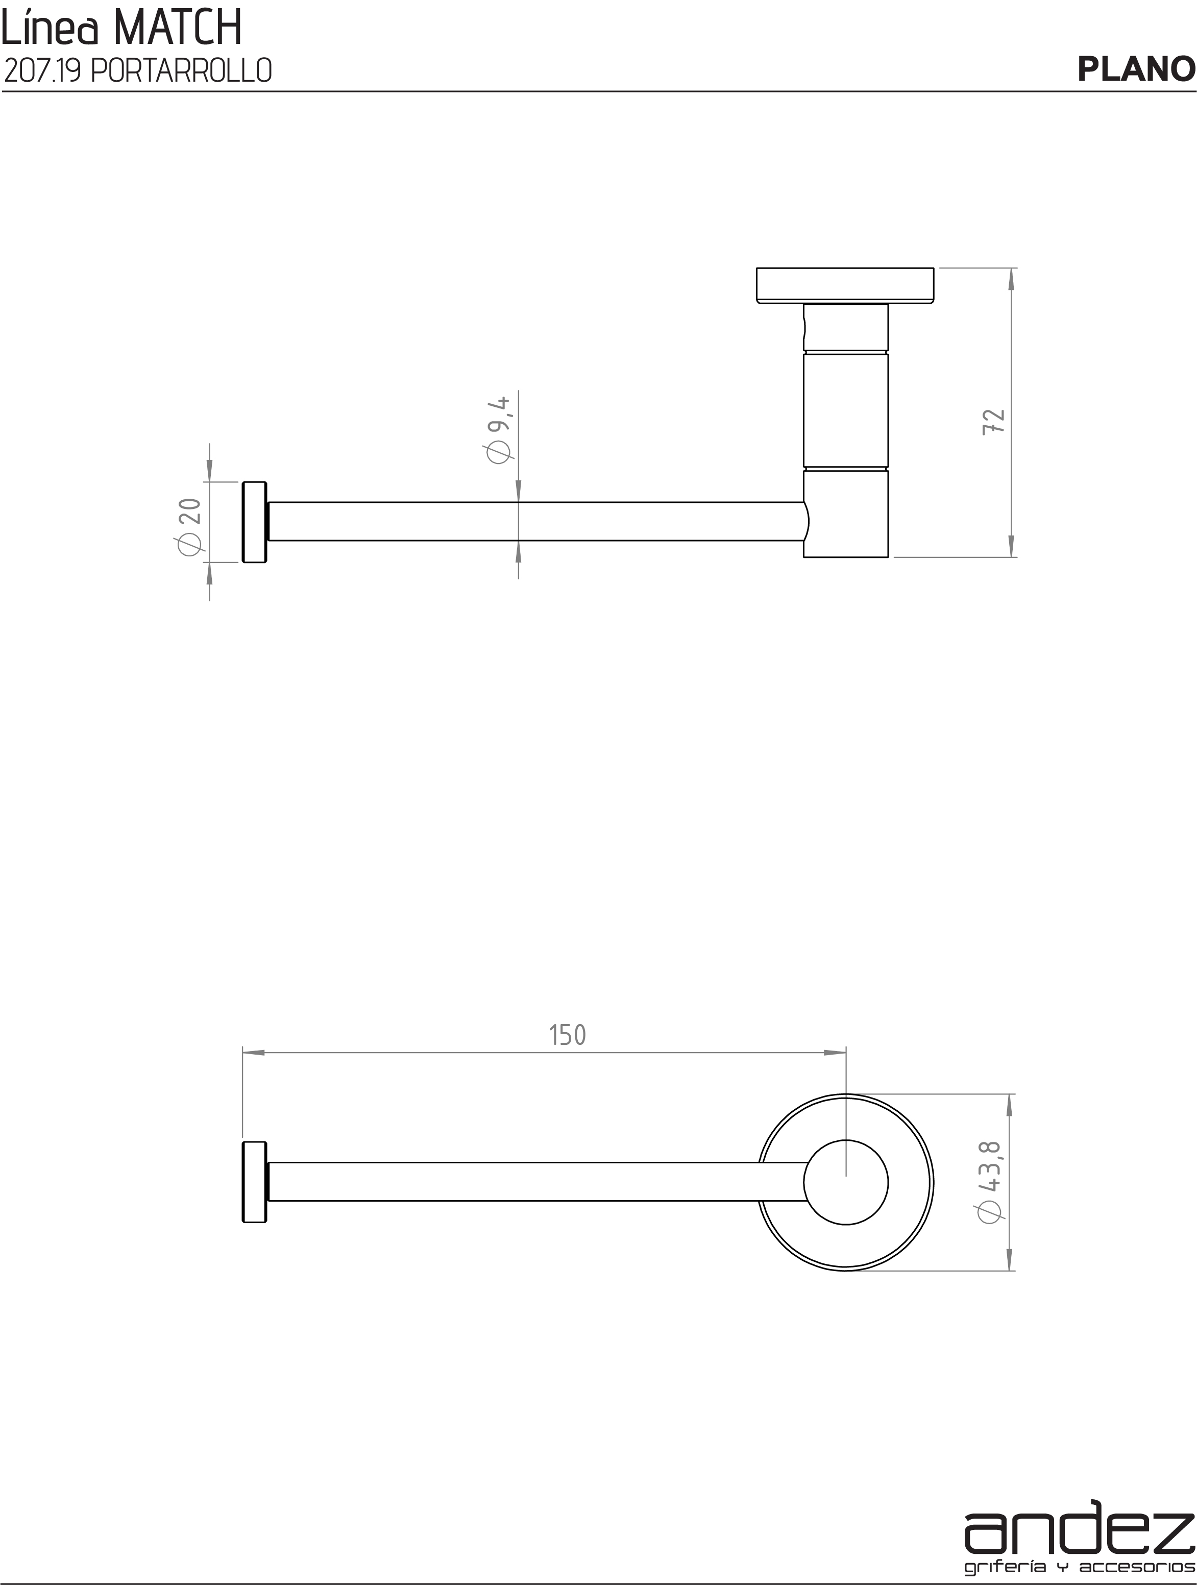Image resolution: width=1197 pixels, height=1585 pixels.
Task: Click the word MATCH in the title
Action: pyautogui.click(x=177, y=29)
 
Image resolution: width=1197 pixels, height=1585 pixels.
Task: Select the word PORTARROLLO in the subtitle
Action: pyautogui.click(x=182, y=71)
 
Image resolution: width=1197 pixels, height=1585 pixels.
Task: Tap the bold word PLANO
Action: pyautogui.click(x=1136, y=69)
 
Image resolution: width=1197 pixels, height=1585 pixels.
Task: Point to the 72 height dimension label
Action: pyautogui.click(x=995, y=421)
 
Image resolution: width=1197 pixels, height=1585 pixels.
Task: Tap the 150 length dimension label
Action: pyautogui.click(x=567, y=1035)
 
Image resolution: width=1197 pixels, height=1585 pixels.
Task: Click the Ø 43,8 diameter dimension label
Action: pyautogui.click(x=989, y=1183)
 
